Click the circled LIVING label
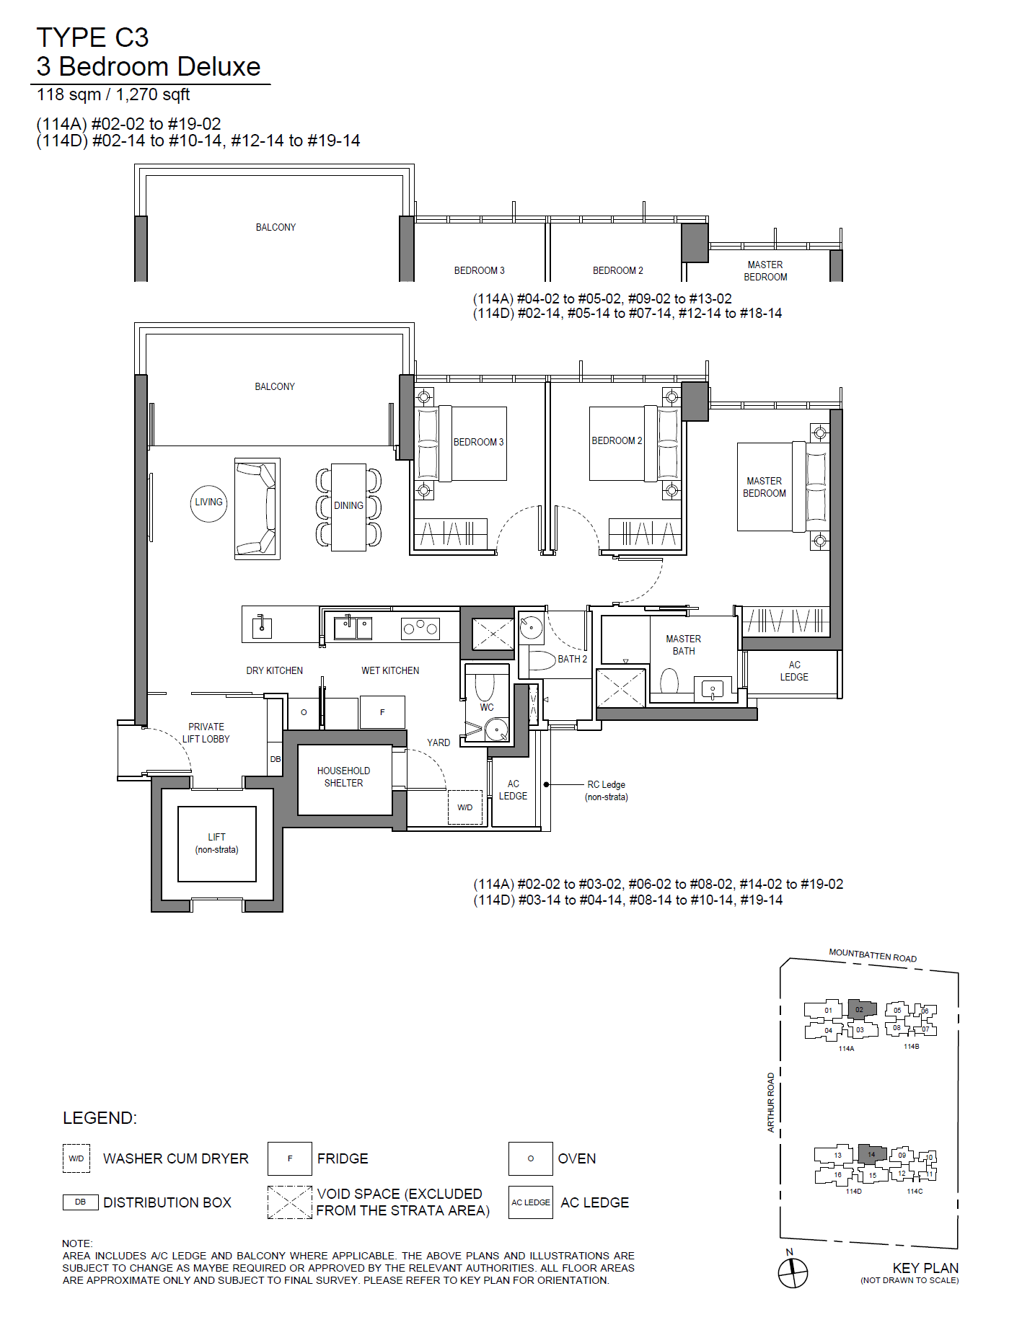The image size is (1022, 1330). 208,502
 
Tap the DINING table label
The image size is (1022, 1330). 348,506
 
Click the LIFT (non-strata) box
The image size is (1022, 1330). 217,843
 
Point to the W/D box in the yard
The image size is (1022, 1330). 465,807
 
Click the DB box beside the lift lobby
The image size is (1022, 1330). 276,759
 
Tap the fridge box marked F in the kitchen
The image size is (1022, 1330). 382,712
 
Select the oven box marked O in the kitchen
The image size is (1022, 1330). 304,712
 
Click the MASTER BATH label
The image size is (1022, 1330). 684,645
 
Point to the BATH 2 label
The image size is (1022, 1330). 573,659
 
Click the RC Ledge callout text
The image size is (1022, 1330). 607,791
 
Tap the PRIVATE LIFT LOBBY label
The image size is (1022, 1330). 206,733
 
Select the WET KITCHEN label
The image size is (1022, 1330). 390,671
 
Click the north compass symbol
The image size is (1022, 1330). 793,1273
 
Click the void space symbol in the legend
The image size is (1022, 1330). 290,1202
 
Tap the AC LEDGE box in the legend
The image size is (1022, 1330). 531,1202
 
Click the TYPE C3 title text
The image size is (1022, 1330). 92,37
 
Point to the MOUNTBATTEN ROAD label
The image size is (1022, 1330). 873,956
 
